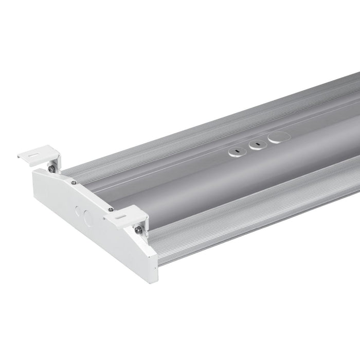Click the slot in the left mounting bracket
click(x=36, y=152)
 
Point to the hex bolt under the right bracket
click(x=138, y=230)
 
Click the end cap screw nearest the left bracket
click(x=74, y=182)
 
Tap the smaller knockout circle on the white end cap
click(x=78, y=210)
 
